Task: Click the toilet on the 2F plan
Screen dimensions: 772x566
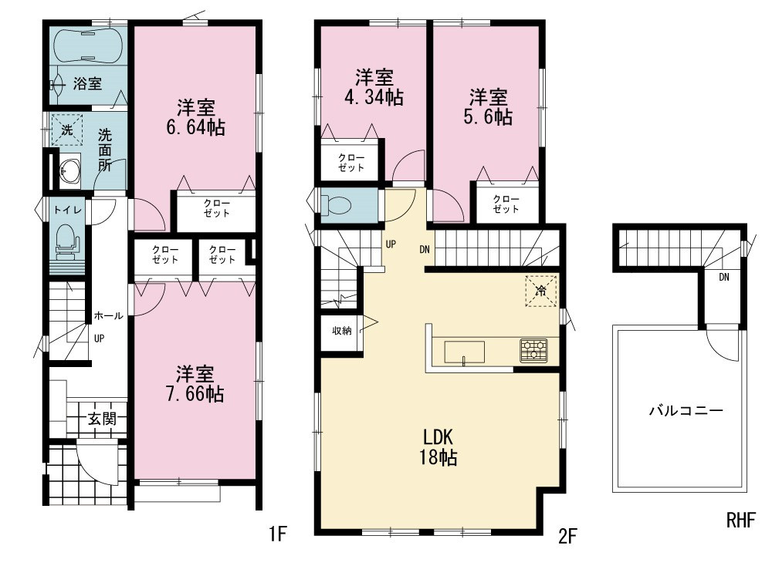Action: point(337,206)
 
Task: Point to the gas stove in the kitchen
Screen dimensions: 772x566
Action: point(533,351)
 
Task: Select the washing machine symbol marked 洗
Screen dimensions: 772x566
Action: point(66,130)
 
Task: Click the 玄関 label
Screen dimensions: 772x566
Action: point(102,419)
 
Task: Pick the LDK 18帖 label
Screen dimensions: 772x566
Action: point(438,447)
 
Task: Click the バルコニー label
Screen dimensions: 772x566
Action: point(686,410)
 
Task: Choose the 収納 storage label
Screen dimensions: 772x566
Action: point(342,331)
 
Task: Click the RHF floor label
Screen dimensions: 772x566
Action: point(740,520)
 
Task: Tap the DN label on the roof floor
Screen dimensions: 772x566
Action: point(724,277)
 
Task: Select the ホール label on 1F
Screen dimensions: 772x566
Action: point(108,315)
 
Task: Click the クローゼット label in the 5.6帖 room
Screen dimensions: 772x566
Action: point(506,204)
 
